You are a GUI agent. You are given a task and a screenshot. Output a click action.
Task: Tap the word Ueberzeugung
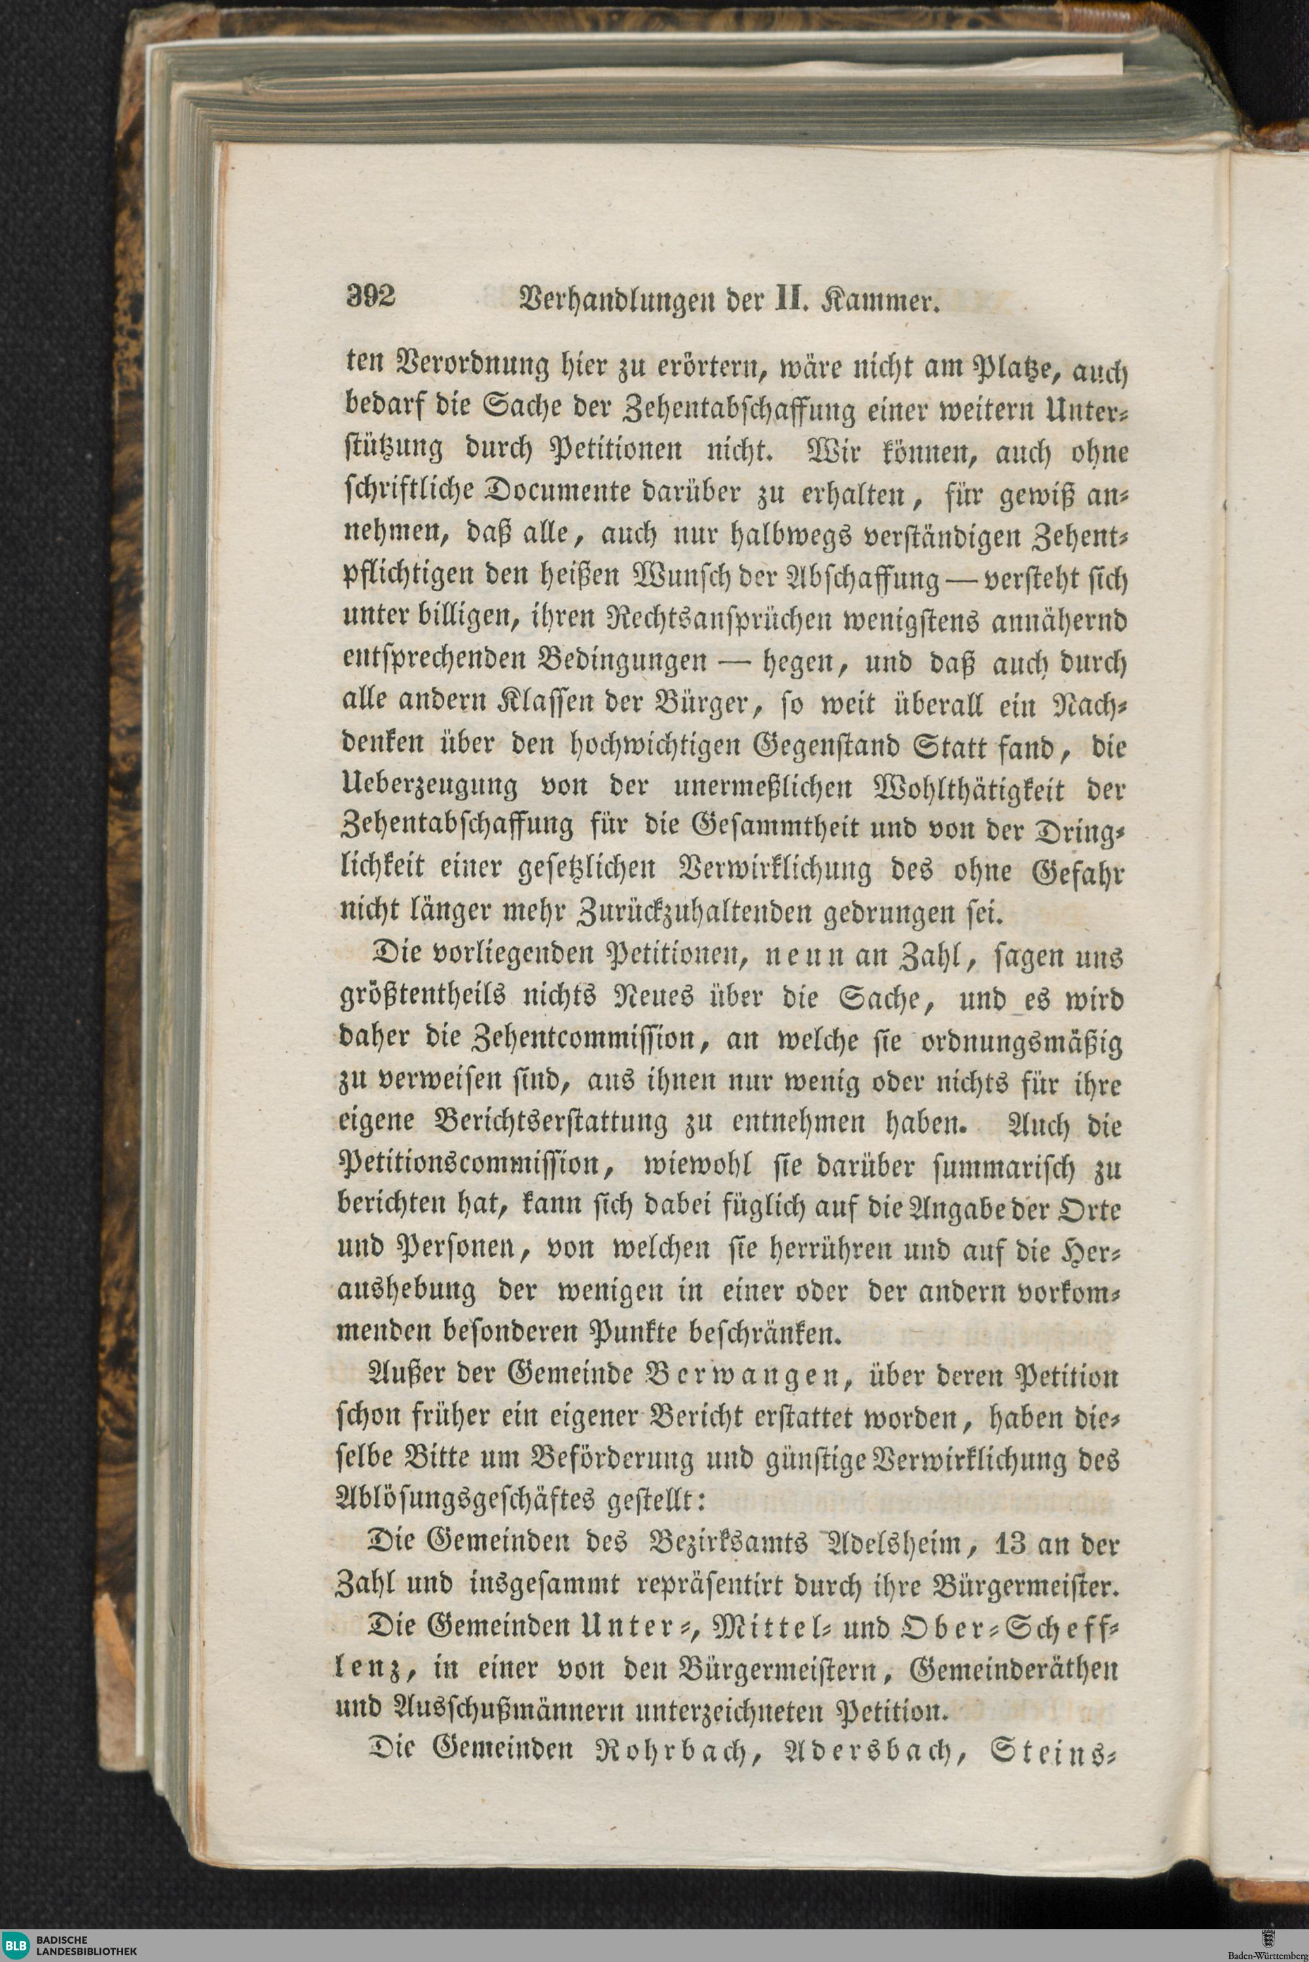(429, 786)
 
